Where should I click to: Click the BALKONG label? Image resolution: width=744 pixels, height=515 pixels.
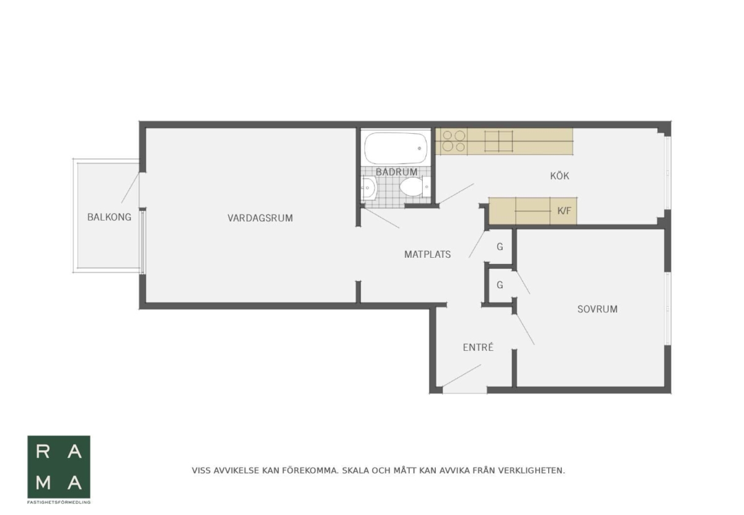(109, 217)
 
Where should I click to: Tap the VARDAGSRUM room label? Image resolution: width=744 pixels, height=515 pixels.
(260, 218)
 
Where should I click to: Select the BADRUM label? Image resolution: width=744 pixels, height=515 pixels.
(396, 172)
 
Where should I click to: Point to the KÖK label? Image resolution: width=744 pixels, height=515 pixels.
(560, 175)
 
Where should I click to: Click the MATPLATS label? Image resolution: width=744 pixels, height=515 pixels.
(427, 254)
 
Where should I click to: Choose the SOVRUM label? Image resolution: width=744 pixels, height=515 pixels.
(598, 309)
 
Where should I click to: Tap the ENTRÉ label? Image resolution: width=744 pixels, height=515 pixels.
(478, 347)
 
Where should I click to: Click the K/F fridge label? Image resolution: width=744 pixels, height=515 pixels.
(564, 211)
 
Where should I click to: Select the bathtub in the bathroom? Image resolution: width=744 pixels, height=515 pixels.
(396, 148)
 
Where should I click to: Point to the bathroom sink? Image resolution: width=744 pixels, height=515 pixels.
(369, 188)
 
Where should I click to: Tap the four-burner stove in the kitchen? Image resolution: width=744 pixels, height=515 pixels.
(454, 141)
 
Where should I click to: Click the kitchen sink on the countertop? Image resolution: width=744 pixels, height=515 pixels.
(498, 141)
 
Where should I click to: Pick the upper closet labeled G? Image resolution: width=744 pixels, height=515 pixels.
(500, 247)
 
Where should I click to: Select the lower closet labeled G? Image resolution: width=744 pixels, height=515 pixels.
(500, 285)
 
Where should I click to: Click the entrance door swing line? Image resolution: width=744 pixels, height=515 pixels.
(461, 376)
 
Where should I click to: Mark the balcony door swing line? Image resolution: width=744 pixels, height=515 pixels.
(130, 188)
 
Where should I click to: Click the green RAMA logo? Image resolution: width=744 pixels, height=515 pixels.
(59, 467)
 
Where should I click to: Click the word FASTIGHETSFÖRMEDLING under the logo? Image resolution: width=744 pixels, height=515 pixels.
(59, 503)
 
